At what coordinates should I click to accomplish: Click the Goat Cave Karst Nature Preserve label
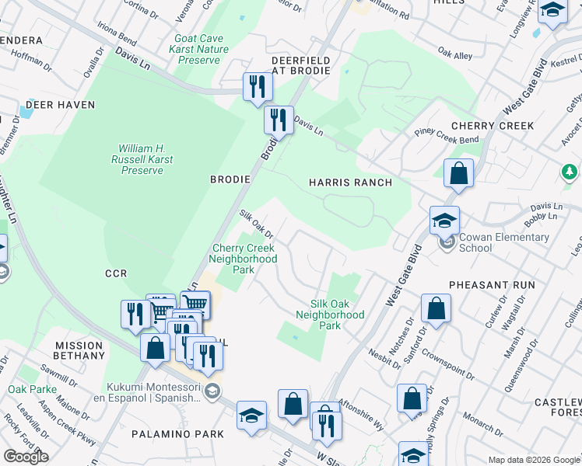coord(202,49)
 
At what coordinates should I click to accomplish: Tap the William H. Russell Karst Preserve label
coord(146,159)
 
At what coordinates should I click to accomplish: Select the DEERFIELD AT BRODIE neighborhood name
coord(300,65)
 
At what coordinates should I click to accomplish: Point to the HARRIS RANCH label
coord(349,182)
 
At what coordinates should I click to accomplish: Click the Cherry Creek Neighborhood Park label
coord(244,259)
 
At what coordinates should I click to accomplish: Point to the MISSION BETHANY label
coord(79,350)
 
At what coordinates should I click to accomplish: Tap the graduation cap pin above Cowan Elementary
coord(444,221)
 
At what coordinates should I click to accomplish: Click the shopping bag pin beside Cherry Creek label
coord(459,174)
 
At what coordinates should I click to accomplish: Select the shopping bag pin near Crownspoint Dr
coord(436,308)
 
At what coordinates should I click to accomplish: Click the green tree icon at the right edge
coord(570,170)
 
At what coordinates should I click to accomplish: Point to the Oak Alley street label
coord(455,54)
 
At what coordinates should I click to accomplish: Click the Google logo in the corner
coord(26,456)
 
